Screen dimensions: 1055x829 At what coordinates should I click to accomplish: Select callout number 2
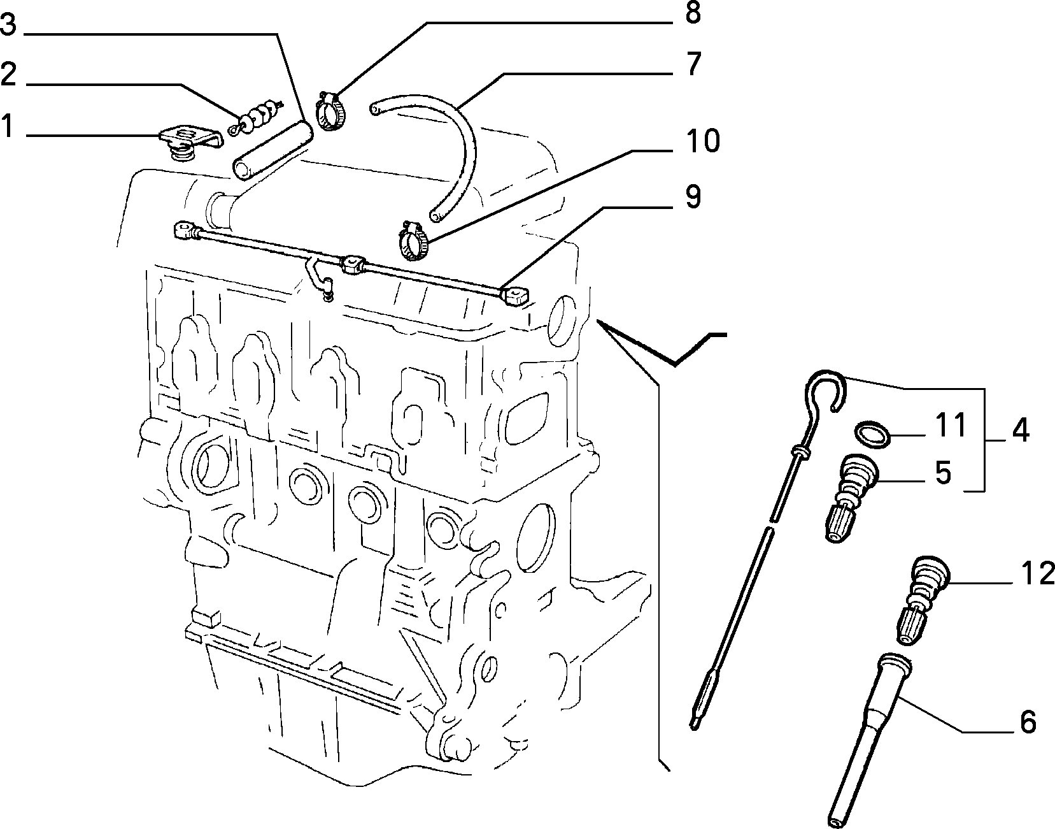(8, 75)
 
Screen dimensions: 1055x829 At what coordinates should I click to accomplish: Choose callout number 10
(702, 141)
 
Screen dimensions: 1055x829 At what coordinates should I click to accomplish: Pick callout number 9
(693, 197)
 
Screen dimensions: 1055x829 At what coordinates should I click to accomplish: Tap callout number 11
(951, 426)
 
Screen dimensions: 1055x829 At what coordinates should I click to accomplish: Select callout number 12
(1038, 573)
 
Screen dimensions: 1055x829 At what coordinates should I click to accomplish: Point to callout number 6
(1028, 722)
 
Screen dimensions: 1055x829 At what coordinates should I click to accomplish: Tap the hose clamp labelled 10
(414, 240)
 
